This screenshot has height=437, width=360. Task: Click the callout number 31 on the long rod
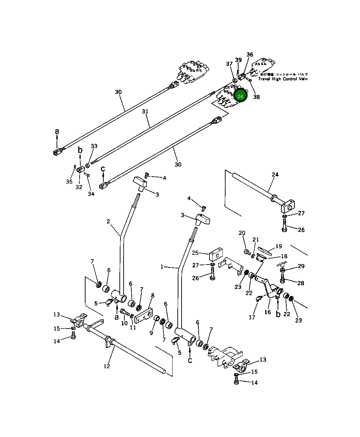(145, 112)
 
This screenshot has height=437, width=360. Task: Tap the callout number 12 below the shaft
(107, 366)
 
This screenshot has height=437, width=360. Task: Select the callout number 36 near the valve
(250, 54)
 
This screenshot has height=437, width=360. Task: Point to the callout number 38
(256, 97)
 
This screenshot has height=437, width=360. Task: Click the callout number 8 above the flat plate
(153, 296)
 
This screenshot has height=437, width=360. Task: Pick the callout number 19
(279, 246)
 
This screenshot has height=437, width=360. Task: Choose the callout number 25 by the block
(195, 252)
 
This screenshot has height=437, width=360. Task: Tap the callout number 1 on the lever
(162, 267)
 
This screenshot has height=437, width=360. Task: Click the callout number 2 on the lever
(108, 221)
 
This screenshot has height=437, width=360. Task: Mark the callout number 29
(301, 266)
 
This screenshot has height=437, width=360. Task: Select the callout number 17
(252, 317)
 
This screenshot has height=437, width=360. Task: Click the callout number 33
(94, 146)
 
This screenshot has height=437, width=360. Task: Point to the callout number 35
(69, 182)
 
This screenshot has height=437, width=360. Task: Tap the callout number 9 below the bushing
(151, 333)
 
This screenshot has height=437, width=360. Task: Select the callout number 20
(242, 233)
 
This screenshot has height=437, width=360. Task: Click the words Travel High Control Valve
(283, 79)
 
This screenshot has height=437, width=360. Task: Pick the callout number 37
(229, 64)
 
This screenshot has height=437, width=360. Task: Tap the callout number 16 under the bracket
(267, 312)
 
